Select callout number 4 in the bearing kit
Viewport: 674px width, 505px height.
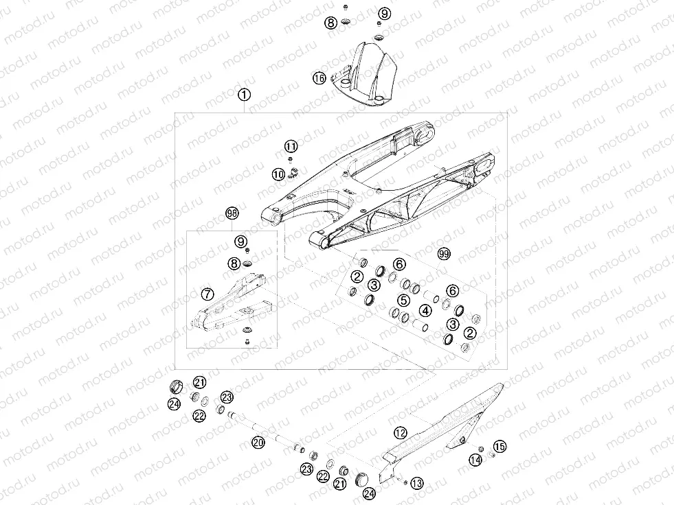point(426,311)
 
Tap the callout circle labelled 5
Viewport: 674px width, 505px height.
point(403,300)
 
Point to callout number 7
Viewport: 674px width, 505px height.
point(207,294)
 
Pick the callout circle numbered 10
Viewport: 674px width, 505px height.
point(278,174)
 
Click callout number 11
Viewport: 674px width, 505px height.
point(291,146)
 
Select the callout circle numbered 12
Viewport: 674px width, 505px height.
point(400,432)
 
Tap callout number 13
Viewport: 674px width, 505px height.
point(416,482)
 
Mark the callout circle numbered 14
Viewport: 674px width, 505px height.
point(475,459)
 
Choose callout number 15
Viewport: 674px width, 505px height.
point(499,447)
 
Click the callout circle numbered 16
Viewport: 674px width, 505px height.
point(319,78)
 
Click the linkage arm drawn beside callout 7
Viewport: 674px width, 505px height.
point(234,305)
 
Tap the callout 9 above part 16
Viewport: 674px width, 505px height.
point(383,14)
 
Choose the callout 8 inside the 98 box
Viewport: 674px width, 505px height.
point(234,263)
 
